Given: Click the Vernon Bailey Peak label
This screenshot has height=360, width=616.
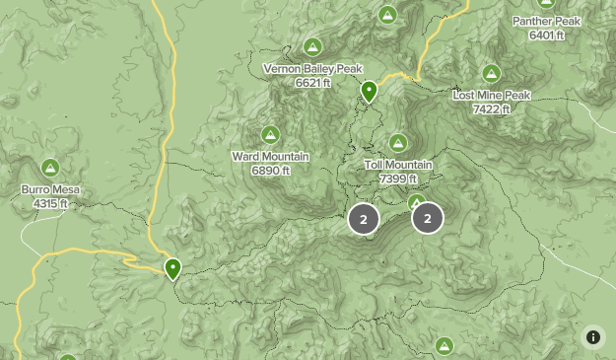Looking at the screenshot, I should (313, 69).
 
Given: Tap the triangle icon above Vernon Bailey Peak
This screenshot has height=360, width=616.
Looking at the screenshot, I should (312, 46).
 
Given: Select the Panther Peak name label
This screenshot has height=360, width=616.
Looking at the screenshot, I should (546, 21).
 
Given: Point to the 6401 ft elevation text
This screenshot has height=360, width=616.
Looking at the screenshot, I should (546, 35).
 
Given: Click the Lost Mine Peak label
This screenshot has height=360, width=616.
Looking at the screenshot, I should (491, 96).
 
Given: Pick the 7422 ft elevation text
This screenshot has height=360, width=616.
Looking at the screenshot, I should (491, 108).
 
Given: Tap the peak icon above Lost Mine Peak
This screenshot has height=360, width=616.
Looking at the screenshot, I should (491, 73).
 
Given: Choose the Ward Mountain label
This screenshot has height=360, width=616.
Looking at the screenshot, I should (270, 157).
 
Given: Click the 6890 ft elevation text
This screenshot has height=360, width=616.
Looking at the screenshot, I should (270, 171).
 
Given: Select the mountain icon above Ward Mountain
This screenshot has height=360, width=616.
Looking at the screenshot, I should (270, 134).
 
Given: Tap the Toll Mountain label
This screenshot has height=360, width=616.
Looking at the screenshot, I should (398, 165).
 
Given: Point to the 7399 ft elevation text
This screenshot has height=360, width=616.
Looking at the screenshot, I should (398, 179).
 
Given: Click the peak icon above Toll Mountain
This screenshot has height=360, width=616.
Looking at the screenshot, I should (398, 143).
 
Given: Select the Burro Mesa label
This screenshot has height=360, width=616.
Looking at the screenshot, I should (50, 190).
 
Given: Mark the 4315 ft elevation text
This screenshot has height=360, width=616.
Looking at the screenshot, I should (50, 204).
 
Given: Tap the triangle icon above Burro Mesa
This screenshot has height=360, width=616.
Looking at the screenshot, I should (50, 168).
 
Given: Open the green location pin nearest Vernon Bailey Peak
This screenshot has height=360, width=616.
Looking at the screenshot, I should (369, 92).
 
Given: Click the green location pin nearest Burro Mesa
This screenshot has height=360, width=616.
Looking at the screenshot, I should (173, 267).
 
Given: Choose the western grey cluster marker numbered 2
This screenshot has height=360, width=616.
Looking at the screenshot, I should (363, 219).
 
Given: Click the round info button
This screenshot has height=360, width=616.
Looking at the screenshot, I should (593, 337).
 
